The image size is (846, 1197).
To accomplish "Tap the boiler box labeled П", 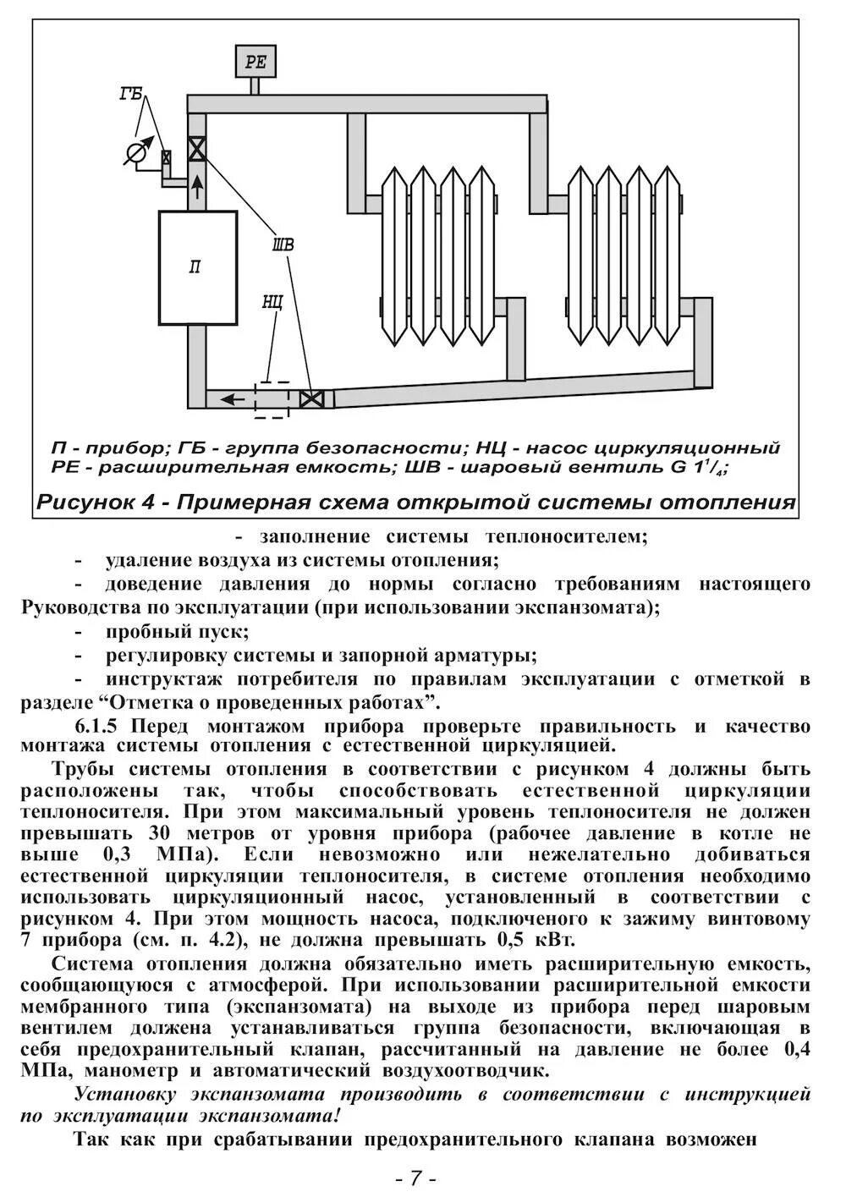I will click(x=196, y=267).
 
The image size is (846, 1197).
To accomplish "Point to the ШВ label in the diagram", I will click(x=283, y=244).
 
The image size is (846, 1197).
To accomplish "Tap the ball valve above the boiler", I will click(x=197, y=149).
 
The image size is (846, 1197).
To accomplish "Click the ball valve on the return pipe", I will click(x=312, y=398).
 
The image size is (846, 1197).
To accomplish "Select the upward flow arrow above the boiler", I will click(x=197, y=185).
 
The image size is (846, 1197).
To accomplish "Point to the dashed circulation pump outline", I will click(x=272, y=398).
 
